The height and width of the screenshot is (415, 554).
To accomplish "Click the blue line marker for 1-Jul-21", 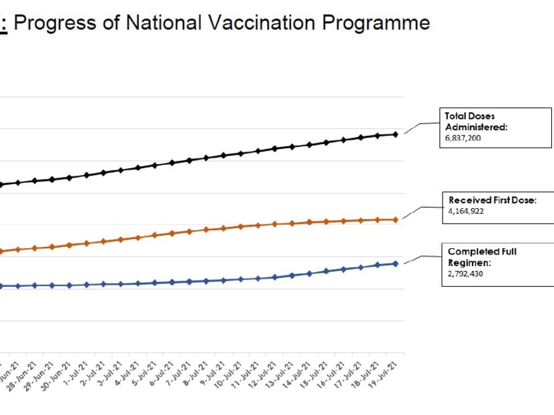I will pos(86,284).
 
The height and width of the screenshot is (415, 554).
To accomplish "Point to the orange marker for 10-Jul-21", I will pos(241,227).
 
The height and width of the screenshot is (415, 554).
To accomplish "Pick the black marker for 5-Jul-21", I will pos(155,165).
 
